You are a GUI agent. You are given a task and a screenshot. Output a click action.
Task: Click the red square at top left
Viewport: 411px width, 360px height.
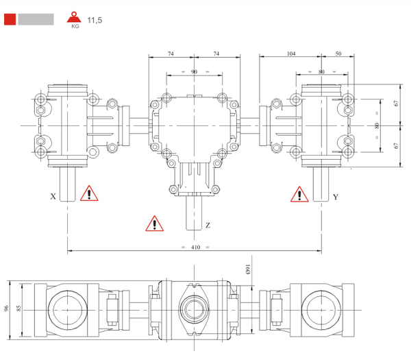pyautogui.click(x=10, y=19)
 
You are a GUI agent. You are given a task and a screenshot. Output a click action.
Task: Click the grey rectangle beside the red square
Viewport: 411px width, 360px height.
pyautogui.click(x=36, y=19)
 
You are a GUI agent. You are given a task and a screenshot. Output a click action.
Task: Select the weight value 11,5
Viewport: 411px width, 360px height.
pyautogui.click(x=95, y=20)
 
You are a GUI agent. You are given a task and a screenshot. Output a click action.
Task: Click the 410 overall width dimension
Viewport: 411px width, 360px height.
pyautogui.click(x=195, y=247)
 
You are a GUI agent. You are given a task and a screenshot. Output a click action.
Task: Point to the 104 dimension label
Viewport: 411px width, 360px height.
pyautogui.click(x=292, y=53)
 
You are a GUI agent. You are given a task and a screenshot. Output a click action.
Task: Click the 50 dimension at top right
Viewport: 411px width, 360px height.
pyautogui.click(x=338, y=53)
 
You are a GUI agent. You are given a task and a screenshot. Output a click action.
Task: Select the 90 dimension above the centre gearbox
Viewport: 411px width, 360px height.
pyautogui.click(x=195, y=71)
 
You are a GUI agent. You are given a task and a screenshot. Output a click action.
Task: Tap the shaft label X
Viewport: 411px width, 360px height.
pyautogui.click(x=53, y=196)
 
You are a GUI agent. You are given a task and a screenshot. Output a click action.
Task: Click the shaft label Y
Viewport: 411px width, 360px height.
pyautogui.click(x=335, y=197)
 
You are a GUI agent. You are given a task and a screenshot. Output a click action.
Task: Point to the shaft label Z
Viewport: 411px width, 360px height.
pyautogui.click(x=208, y=225)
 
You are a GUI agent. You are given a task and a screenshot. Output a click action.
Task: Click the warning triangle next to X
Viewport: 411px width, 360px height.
pyautogui.click(x=88, y=194)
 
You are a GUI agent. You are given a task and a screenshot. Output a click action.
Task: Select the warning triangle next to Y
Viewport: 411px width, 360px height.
pyautogui.click(x=299, y=195)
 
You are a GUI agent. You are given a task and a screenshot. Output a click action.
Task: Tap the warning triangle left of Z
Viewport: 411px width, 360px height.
pyautogui.click(x=155, y=223)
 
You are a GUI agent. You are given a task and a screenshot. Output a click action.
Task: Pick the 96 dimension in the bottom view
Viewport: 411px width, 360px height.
pyautogui.click(x=7, y=309)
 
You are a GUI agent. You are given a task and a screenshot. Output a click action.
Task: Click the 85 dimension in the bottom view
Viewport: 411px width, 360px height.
pyautogui.click(x=21, y=309)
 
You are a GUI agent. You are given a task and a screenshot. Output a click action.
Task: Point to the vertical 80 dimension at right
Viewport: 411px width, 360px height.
pyautogui.click(x=377, y=126)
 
